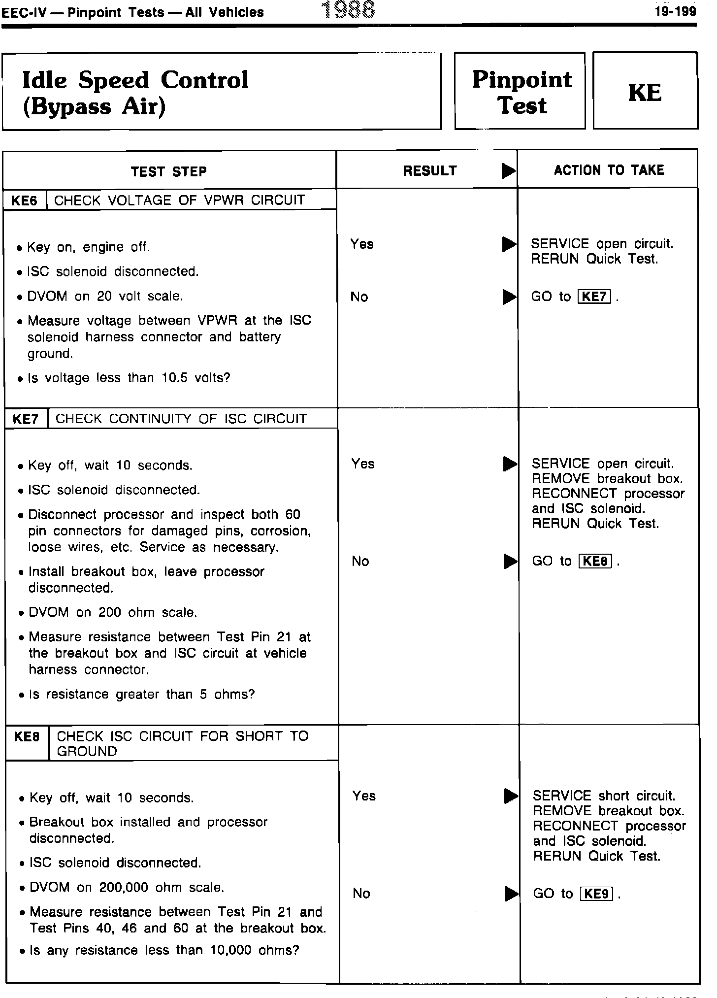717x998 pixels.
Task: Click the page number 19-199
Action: click(x=675, y=11)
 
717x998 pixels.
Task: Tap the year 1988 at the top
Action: click(x=348, y=10)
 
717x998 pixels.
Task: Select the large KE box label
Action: click(x=645, y=92)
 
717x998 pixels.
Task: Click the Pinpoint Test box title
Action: click(x=521, y=92)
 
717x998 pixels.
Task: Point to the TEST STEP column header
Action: click(x=169, y=171)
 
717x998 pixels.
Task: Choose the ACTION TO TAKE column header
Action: click(x=609, y=170)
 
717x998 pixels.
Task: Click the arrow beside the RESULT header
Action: click(x=508, y=171)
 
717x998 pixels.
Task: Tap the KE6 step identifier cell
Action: click(x=25, y=200)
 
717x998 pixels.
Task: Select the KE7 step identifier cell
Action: click(x=26, y=419)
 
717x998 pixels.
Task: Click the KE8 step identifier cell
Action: click(x=27, y=736)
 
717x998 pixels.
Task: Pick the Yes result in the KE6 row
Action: click(x=362, y=244)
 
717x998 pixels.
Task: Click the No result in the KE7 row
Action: click(x=360, y=561)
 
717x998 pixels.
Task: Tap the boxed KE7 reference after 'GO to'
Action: click(x=594, y=297)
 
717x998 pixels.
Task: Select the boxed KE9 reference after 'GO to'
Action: click(x=597, y=894)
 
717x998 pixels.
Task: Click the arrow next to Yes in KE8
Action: click(x=512, y=796)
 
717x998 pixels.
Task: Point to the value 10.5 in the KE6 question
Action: click(x=176, y=378)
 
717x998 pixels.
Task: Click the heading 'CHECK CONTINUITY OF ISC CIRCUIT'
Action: click(x=181, y=419)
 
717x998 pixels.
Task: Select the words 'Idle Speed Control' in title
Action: click(x=135, y=80)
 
